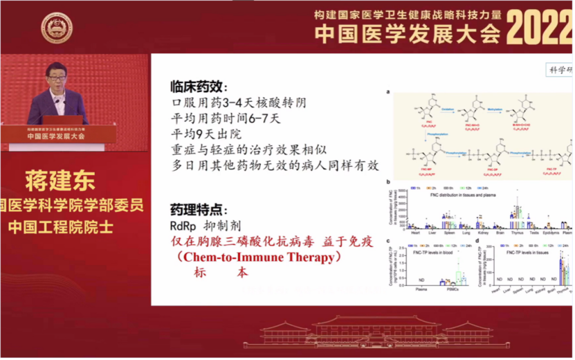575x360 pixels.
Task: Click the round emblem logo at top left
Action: [x=57, y=28]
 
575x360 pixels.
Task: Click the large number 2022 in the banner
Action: [x=539, y=30]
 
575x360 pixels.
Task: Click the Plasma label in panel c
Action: [x=421, y=290]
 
